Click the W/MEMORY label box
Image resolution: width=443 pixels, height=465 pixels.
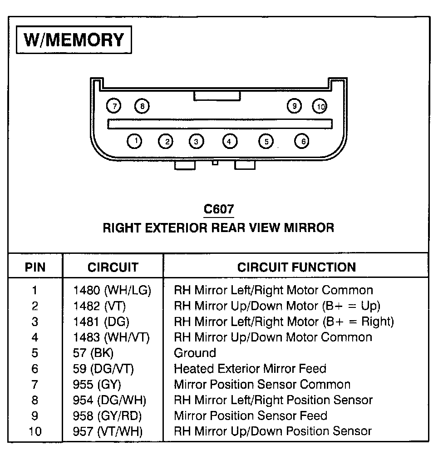click(x=74, y=40)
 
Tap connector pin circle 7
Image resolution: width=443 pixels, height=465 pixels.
click(x=114, y=106)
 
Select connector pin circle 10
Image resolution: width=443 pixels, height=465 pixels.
click(x=320, y=107)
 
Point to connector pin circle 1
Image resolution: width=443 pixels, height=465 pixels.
click(x=135, y=141)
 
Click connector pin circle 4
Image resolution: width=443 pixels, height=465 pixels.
click(x=230, y=142)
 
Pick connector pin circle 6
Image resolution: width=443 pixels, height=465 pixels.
click(x=302, y=141)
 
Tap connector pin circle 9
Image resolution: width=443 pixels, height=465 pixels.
click(x=295, y=106)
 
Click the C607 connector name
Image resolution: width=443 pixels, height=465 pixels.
click(x=219, y=209)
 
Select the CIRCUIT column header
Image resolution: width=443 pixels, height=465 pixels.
click(x=113, y=267)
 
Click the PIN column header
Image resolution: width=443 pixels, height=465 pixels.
click(x=35, y=267)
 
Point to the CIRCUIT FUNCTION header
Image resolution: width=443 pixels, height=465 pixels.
click(x=296, y=267)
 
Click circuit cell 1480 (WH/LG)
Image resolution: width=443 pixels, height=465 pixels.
click(x=112, y=290)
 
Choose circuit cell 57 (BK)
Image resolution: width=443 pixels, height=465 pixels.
click(x=93, y=353)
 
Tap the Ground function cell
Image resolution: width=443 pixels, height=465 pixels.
click(x=195, y=353)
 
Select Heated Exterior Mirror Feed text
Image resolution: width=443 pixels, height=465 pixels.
click(x=250, y=369)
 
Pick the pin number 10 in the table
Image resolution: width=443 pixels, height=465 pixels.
click(x=35, y=431)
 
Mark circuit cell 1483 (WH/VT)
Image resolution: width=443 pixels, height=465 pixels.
click(x=111, y=337)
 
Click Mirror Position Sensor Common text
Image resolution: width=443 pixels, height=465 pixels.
click(x=262, y=385)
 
